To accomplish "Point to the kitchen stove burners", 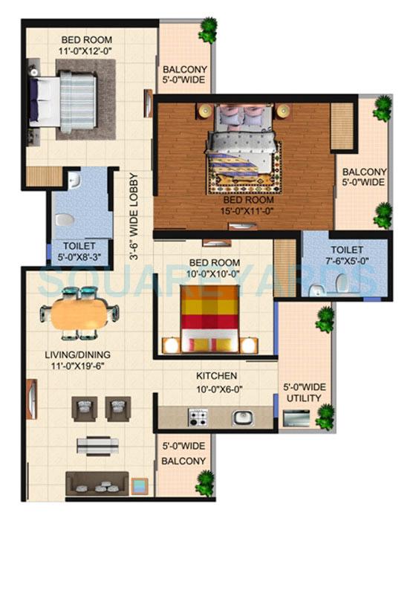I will tap(198, 418).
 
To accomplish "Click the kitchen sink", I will tap(243, 418).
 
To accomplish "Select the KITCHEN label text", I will tap(216, 376).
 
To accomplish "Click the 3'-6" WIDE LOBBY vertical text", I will tap(134, 216).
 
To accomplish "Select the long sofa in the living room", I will tap(97, 483).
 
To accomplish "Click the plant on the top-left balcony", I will tap(207, 30).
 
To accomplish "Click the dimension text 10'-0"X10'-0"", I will tap(214, 273).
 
